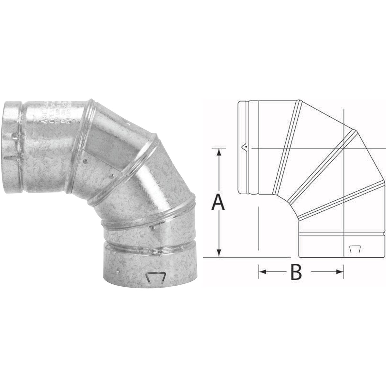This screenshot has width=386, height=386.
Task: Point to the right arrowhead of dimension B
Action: pos(341,272)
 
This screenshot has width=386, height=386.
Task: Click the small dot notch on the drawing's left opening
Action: pos(245,147)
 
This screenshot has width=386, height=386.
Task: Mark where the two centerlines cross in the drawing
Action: pos(344,148)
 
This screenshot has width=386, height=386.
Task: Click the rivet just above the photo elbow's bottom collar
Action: pos(152,228)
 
